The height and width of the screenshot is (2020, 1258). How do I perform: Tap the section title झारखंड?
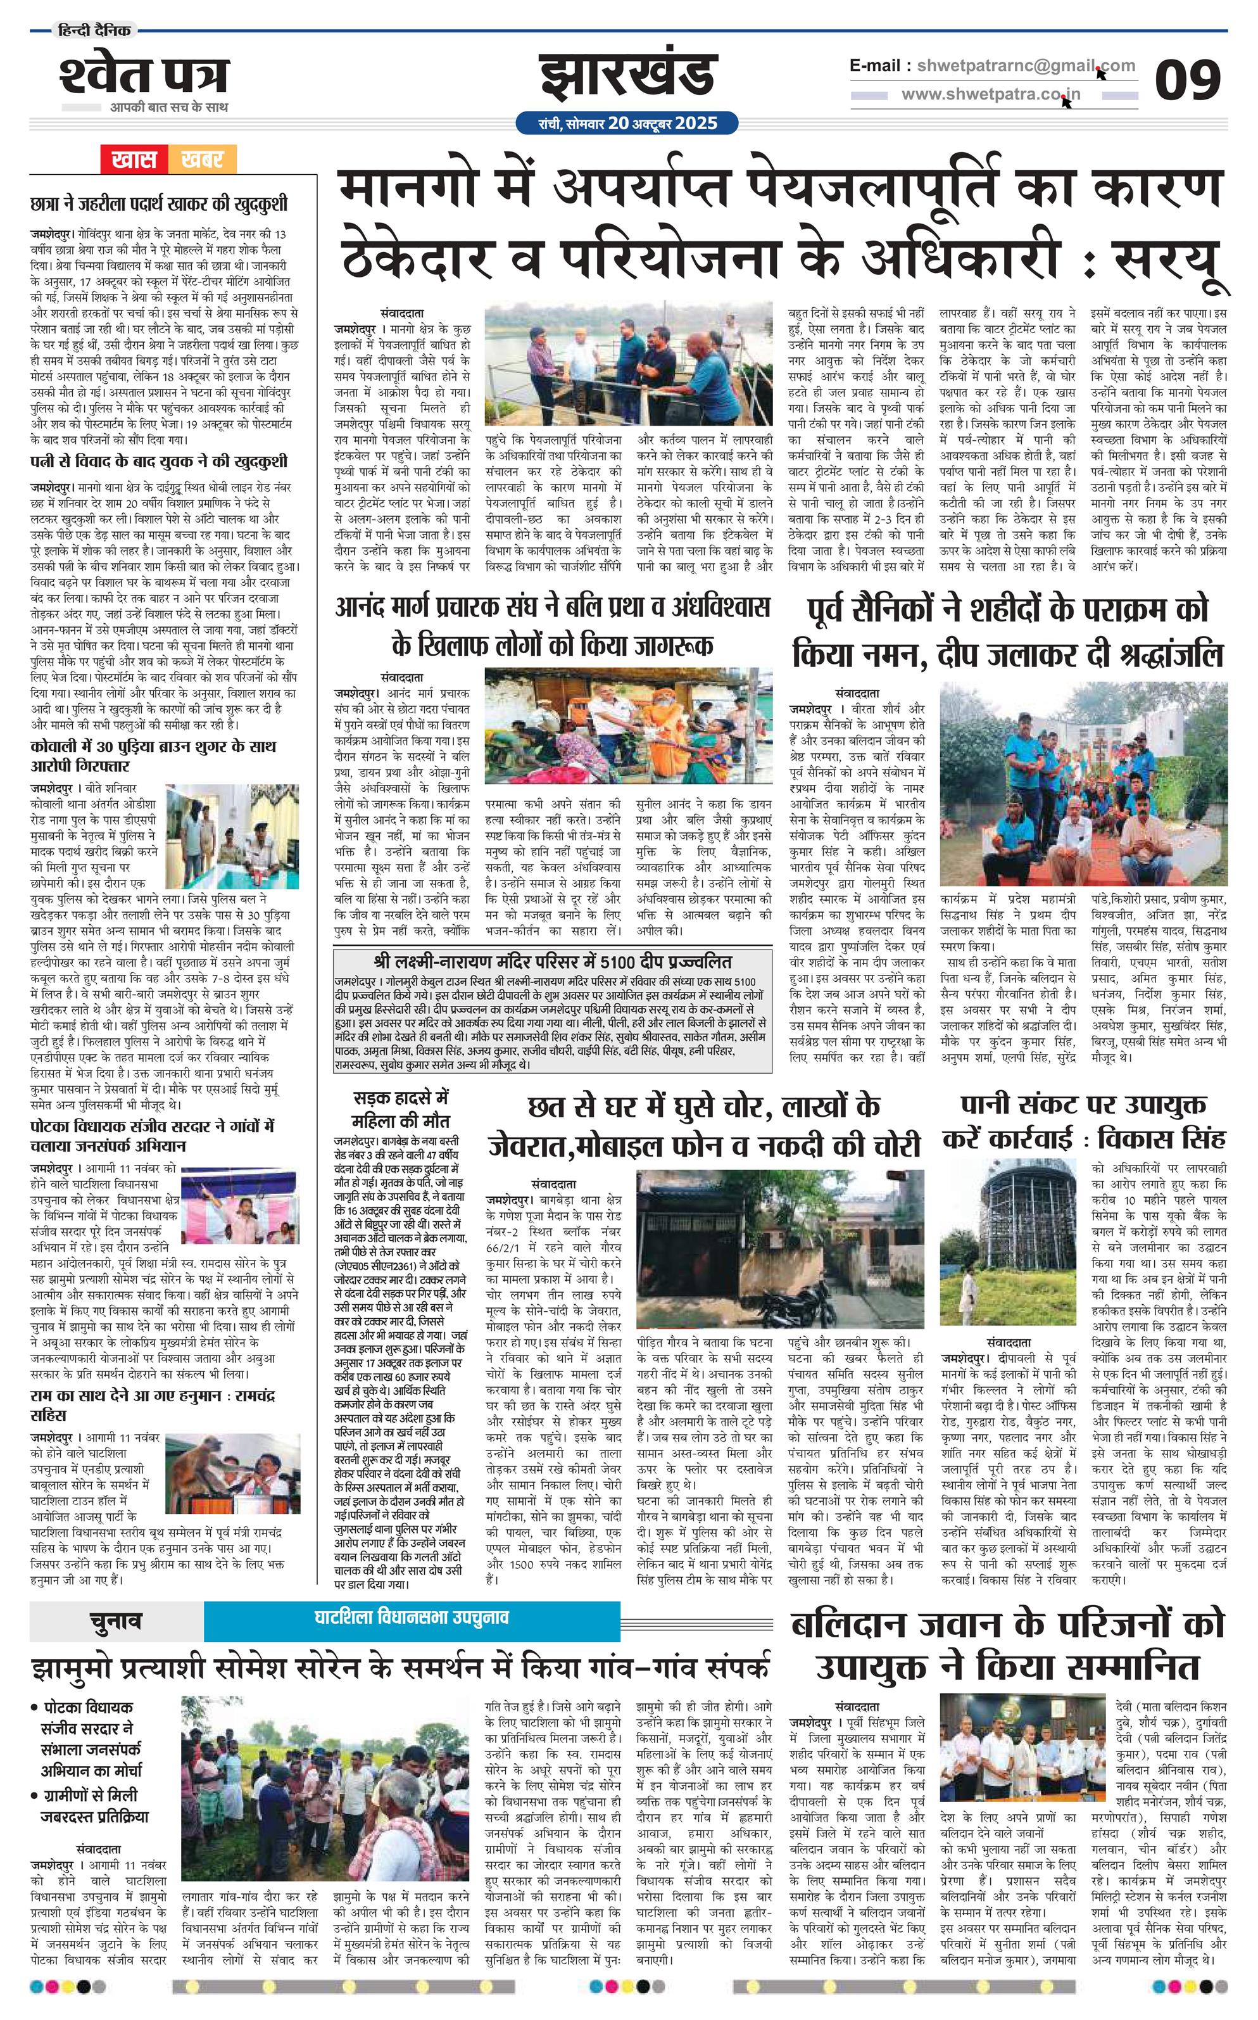point(628,77)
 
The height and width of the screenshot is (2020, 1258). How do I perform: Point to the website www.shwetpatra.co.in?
point(990,95)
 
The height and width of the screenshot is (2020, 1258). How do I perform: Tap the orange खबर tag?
point(201,159)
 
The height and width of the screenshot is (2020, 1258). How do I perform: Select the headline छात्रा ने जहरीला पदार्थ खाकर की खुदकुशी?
point(158,203)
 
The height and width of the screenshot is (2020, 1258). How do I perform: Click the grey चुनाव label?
point(116,1620)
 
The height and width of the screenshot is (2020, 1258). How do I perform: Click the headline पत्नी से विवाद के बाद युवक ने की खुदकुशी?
point(158,461)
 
